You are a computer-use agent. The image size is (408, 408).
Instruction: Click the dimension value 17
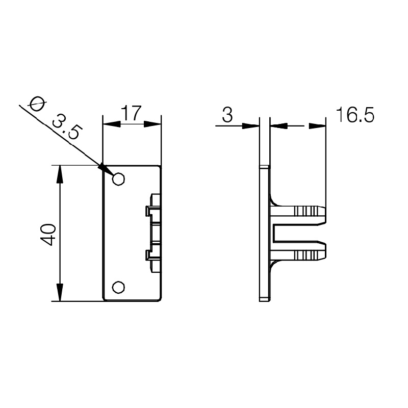coord(132,113)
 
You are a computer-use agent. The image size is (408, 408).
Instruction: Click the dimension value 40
coord(48,234)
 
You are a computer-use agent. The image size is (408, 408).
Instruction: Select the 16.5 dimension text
coord(355,115)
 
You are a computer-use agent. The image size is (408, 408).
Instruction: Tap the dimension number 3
coord(227,115)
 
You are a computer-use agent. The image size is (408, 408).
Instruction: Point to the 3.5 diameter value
coord(67,127)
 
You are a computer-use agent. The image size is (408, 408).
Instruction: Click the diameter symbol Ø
coord(36,104)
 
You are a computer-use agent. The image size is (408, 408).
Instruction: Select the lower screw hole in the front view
coord(118,288)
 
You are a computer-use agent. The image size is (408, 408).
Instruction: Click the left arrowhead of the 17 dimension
coord(111,124)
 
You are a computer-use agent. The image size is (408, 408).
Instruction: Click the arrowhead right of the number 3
coord(250,125)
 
